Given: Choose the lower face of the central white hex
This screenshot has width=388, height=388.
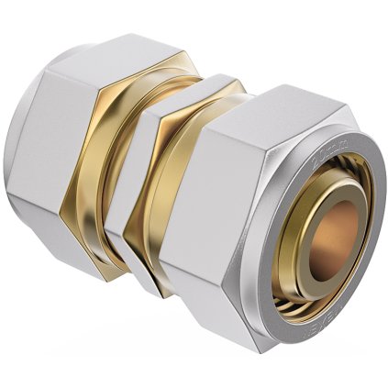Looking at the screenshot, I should pyautogui.click(x=147, y=266).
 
